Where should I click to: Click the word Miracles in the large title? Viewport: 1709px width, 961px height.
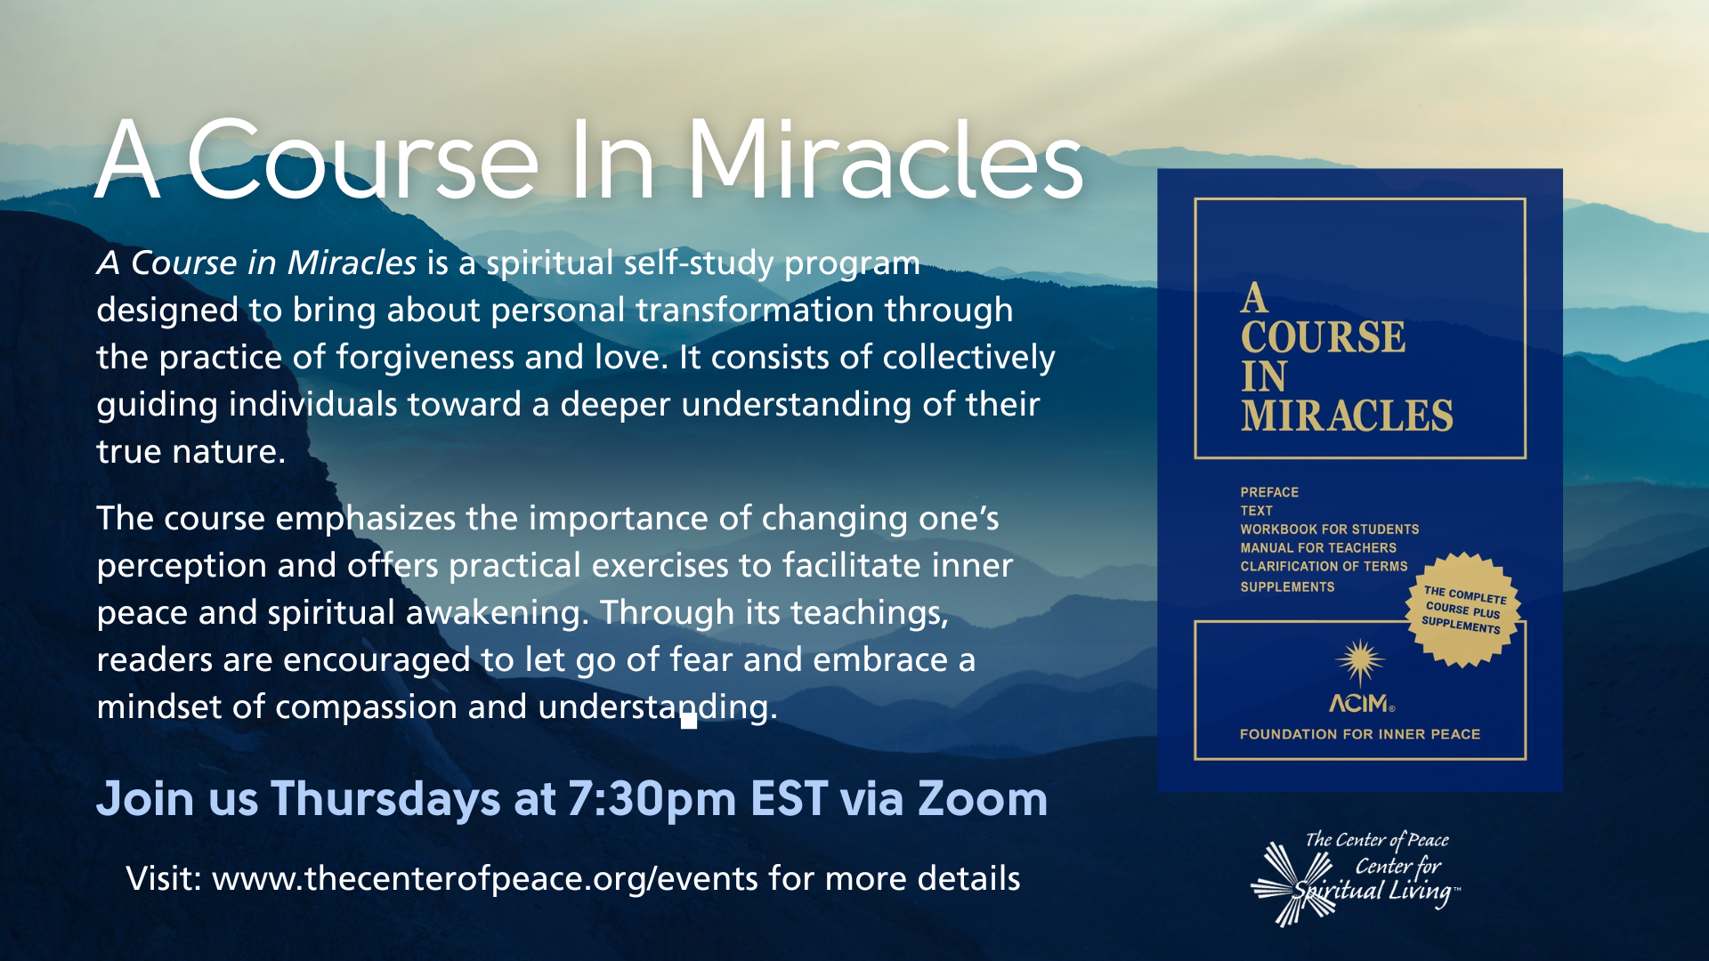click(x=885, y=160)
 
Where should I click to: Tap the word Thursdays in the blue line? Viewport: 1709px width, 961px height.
click(x=385, y=798)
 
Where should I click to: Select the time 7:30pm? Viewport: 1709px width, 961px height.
click(x=652, y=800)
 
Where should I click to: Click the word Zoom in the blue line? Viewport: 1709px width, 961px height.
click(x=983, y=798)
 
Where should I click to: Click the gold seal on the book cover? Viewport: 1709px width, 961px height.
click(x=1462, y=610)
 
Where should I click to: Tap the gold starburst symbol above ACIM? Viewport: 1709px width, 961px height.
click(x=1360, y=663)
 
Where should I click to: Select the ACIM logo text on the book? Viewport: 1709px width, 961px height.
click(x=1361, y=704)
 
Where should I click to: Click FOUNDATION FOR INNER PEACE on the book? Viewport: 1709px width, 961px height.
click(x=1360, y=734)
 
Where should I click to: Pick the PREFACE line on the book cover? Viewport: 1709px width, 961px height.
click(x=1269, y=492)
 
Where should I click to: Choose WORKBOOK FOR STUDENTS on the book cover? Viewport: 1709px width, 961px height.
click(x=1330, y=529)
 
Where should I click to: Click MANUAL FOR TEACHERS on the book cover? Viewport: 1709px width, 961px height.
click(x=1318, y=548)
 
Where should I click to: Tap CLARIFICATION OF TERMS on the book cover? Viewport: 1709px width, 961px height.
click(x=1324, y=566)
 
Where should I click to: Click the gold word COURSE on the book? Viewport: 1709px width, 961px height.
click(x=1324, y=337)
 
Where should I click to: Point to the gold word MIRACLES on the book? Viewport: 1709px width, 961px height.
click(x=1347, y=416)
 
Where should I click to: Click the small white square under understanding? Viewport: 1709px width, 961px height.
click(x=689, y=721)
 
